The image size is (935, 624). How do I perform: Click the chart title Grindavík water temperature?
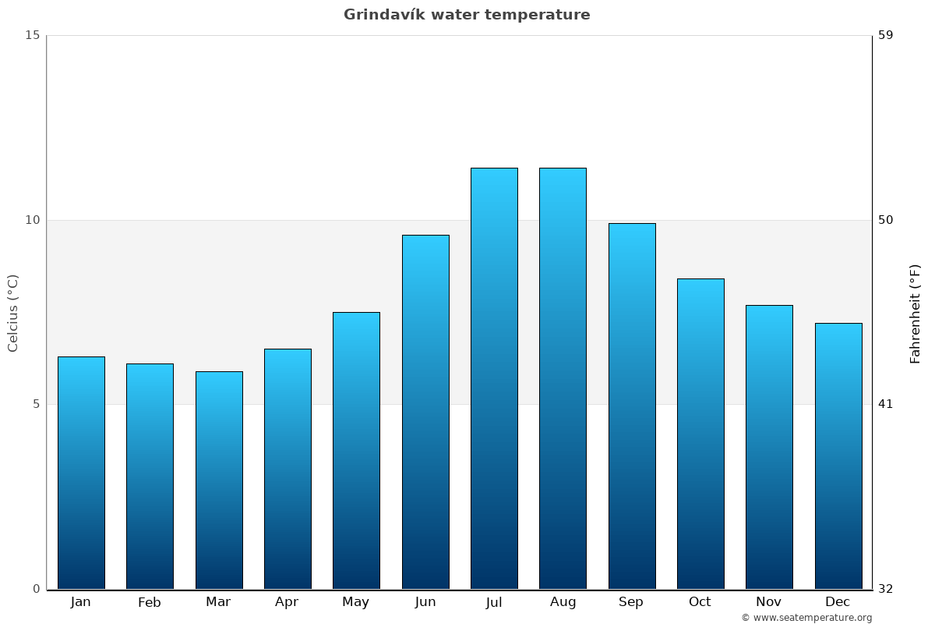click(467, 15)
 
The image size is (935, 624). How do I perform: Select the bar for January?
click(81, 473)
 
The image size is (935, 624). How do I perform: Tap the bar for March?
click(219, 480)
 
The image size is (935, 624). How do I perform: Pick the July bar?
click(494, 378)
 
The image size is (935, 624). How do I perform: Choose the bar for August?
click(563, 378)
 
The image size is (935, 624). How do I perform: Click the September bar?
click(632, 406)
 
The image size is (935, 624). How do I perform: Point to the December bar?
click(838, 456)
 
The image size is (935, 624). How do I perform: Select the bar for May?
click(356, 450)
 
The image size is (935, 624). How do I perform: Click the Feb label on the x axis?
click(150, 602)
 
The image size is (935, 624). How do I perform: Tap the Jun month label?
click(425, 602)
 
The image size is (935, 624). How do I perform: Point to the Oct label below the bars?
click(700, 602)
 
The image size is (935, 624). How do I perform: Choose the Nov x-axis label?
click(768, 602)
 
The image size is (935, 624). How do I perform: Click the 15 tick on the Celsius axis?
click(32, 35)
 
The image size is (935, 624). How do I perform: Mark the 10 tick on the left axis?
click(32, 220)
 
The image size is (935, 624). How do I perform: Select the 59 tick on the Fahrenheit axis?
click(886, 35)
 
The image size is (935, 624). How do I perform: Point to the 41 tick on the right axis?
click(886, 404)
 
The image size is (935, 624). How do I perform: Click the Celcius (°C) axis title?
click(13, 313)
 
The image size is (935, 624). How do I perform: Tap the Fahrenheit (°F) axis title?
click(916, 313)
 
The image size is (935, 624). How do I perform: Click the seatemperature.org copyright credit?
click(806, 618)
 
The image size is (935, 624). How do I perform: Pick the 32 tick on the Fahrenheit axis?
click(886, 589)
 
